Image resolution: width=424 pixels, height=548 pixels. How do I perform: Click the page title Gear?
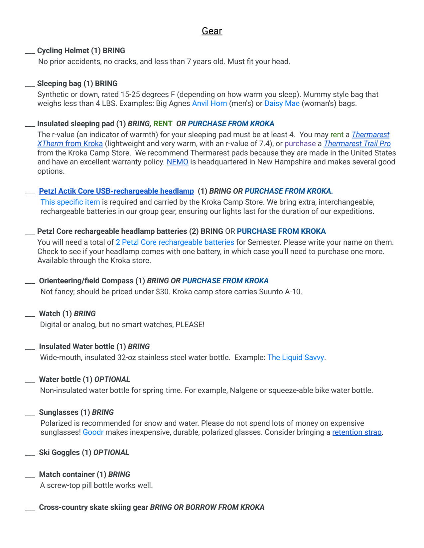coord(212,31)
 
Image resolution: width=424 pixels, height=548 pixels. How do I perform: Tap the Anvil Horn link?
coord(210,103)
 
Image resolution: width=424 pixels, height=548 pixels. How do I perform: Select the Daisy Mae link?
coord(282,103)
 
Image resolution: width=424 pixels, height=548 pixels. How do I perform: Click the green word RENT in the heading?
coord(163,124)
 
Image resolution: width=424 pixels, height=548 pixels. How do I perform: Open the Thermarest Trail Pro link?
coord(357,143)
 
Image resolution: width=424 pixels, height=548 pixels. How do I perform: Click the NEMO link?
coord(177,162)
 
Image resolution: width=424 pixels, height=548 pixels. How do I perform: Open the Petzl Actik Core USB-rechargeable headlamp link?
coord(116,191)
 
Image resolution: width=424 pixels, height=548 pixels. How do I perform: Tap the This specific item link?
coord(70,202)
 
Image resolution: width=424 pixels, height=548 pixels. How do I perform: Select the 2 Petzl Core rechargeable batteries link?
coord(175,242)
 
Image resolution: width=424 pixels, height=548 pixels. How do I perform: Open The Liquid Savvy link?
coord(296,357)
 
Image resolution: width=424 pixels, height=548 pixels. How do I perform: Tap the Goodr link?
coord(93,432)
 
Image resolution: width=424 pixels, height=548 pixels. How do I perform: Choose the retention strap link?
coord(357,432)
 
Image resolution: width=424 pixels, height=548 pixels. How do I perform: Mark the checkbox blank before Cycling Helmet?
coord(30,52)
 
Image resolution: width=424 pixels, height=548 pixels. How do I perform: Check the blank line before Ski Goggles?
coord(30,454)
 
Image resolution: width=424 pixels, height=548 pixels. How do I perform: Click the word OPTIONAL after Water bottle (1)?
coord(112,379)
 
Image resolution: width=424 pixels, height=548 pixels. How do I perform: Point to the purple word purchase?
coord(300,143)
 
